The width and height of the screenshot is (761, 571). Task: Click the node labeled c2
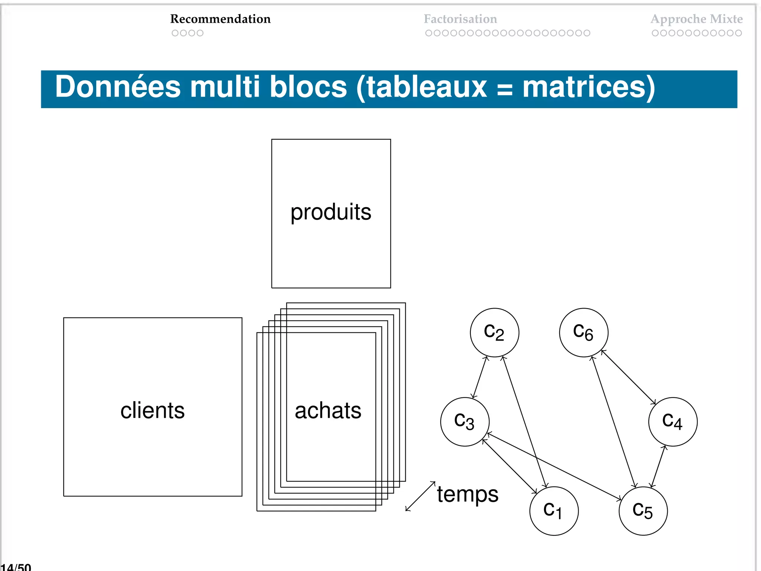[x=494, y=332]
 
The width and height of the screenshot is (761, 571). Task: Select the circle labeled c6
[x=583, y=332]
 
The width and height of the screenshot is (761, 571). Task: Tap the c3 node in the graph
[x=464, y=422]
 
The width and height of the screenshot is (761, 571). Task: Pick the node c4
[x=673, y=422]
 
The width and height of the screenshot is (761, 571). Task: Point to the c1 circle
[x=554, y=511]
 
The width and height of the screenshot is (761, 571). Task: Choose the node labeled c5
[x=643, y=511]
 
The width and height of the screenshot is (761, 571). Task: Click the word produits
[x=331, y=213]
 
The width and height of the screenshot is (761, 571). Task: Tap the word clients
[x=152, y=411]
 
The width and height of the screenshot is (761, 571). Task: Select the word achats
[x=328, y=411]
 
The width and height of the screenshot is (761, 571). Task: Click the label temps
[x=467, y=494]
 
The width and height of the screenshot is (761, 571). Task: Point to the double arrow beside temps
[x=420, y=496]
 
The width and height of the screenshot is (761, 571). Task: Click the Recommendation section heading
[x=220, y=19]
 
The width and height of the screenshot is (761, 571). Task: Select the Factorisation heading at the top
[x=460, y=19]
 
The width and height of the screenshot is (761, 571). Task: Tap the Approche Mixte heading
[x=696, y=19]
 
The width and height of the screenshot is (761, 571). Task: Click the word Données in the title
[x=118, y=87]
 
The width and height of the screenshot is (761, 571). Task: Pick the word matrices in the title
[x=589, y=87]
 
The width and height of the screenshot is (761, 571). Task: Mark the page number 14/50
[x=16, y=567]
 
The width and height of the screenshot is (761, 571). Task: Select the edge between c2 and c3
[x=479, y=377]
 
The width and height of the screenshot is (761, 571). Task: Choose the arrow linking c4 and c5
[x=658, y=466]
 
